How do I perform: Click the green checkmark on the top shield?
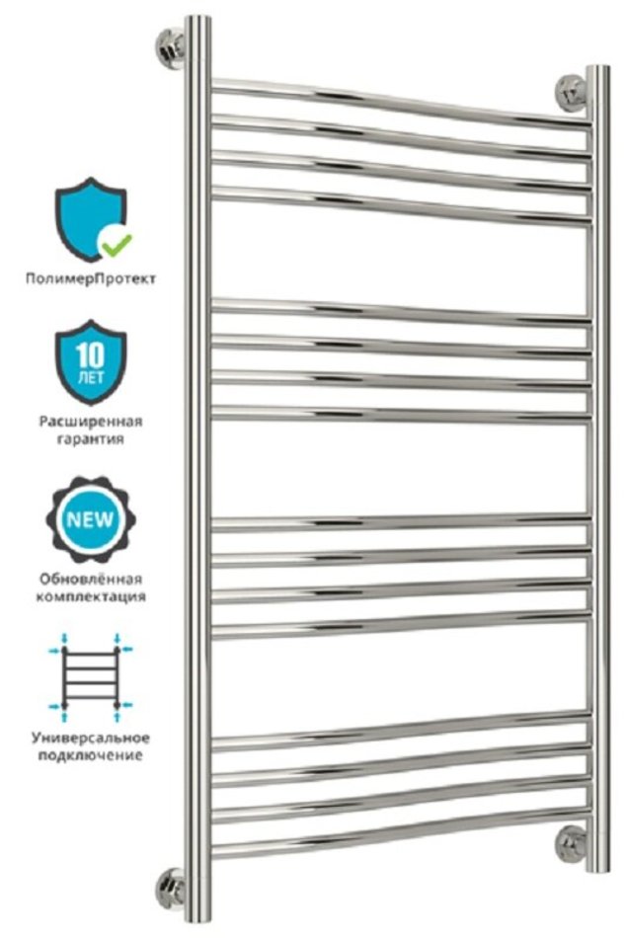(x=116, y=244)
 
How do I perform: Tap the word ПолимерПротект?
(x=91, y=278)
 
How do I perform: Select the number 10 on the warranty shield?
(x=91, y=356)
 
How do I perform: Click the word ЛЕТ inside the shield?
(x=91, y=378)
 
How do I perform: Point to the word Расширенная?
(x=91, y=422)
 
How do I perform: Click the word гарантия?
(x=91, y=439)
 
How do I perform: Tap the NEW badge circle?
(x=91, y=518)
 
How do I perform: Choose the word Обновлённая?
(x=91, y=579)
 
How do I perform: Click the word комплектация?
(x=91, y=596)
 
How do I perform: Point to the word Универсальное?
(x=91, y=738)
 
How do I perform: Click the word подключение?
(x=91, y=755)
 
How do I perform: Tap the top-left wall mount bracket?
(x=171, y=47)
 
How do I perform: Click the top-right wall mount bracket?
(x=572, y=93)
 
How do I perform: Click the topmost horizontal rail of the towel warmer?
(x=401, y=104)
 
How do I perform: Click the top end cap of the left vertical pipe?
(x=197, y=19)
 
